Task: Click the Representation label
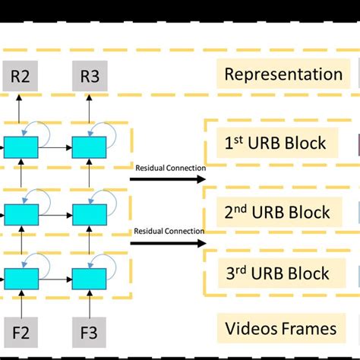coord(283,74)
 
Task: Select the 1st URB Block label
coord(276,143)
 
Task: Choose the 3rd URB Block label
coord(278,273)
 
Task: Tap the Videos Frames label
coord(281,329)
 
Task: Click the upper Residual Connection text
coord(169,167)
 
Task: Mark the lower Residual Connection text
coord(169,231)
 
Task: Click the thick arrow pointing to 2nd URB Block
coord(167,244)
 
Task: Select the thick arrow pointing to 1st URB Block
coord(167,179)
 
